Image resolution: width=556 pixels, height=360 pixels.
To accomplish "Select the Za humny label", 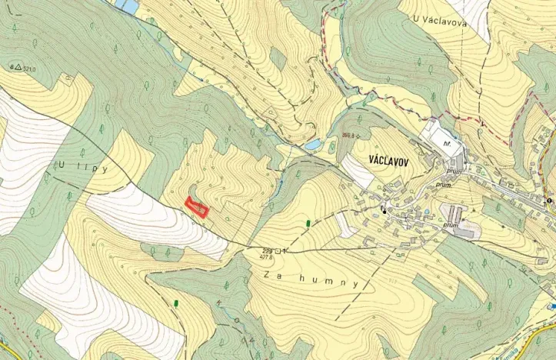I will pos(311,278).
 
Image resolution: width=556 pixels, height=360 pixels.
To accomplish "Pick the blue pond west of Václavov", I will pos(313,144).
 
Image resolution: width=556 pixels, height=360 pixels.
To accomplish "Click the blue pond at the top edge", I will pos(128,5).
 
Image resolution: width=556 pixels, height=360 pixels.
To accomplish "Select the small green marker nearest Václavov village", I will pos(308,223).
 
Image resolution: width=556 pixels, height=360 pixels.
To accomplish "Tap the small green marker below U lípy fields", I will pos(176,302).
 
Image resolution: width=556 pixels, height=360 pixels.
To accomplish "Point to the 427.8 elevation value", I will pos(268,258).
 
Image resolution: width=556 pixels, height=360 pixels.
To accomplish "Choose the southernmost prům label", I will pos(451,225).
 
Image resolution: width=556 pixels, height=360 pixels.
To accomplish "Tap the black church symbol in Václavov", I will pos(384,208).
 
